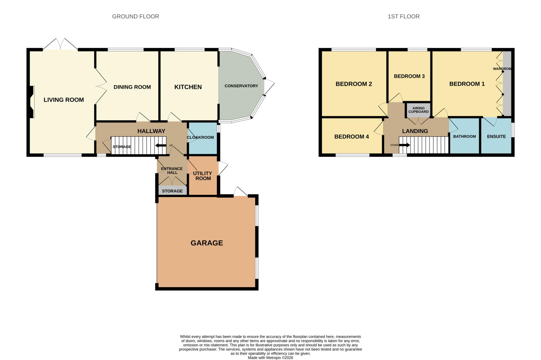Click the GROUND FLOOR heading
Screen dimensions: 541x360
pos(136,16)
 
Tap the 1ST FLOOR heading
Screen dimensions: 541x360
pos(403,16)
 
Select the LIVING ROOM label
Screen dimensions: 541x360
pos(64,100)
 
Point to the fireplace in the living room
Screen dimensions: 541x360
pos(32,102)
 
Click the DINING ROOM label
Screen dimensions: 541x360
pos(132,87)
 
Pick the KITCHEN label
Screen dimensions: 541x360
pos(188,87)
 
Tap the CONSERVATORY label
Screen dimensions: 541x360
pos(241,86)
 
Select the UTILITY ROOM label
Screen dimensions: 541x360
pos(202,176)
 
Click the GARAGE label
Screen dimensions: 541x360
pos(207,243)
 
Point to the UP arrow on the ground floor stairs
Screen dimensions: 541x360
pos(161,145)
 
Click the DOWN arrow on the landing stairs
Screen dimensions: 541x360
pos(404,145)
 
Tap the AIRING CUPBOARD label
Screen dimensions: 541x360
pos(418,110)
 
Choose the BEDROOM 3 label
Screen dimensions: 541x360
pos(409,76)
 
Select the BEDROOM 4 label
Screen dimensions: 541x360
pos(352,137)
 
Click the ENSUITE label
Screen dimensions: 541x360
pos(496,136)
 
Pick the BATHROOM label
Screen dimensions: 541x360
pos(464,136)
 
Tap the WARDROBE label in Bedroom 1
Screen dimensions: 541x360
pos(502,69)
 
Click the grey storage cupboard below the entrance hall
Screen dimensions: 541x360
pos(172,191)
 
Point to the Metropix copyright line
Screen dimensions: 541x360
pos(270,358)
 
